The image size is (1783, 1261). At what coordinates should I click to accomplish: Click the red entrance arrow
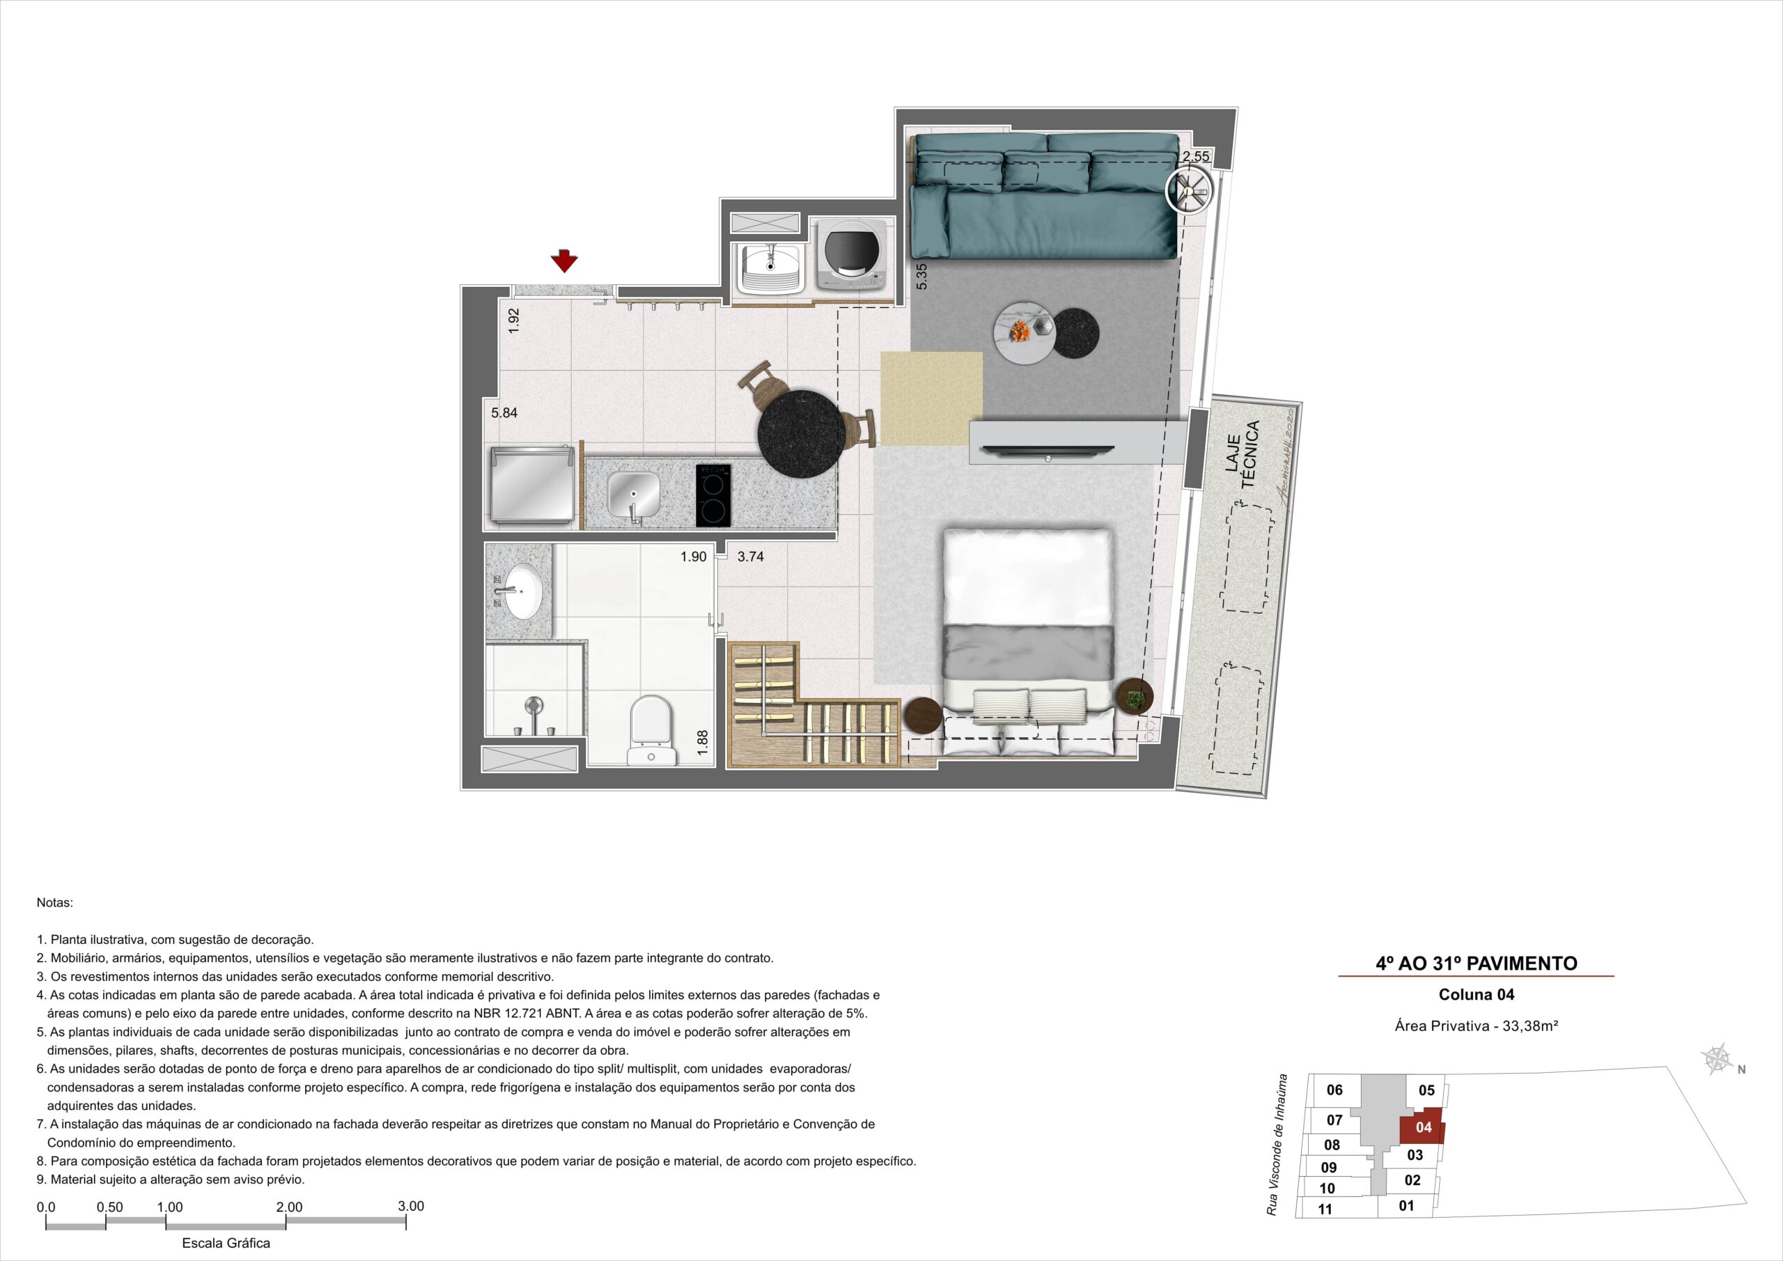565,261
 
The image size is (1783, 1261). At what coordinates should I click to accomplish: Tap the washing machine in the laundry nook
852,255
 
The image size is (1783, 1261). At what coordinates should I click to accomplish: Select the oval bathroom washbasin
521,591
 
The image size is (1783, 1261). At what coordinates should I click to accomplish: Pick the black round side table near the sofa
1077,332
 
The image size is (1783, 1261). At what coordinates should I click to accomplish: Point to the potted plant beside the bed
1135,697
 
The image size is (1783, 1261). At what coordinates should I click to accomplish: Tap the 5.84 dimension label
504,413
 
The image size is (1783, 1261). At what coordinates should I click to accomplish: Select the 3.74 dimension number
750,556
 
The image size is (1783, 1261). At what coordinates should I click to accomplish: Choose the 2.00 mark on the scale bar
289,1207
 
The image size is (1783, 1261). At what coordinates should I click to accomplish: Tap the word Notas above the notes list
54,903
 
